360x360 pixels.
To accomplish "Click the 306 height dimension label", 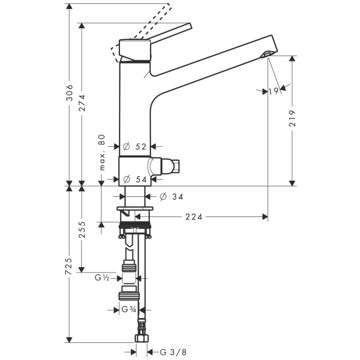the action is click(69, 92).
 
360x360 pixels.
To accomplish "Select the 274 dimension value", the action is click(82, 102).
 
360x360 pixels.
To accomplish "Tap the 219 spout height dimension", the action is click(292, 118).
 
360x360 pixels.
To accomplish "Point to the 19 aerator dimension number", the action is click(274, 91).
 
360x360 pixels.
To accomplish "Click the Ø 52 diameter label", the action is click(134, 147).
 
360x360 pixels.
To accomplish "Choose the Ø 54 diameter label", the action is click(135, 179).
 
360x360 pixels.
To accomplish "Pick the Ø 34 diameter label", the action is click(172, 197).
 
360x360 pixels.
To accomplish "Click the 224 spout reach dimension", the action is click(194, 217).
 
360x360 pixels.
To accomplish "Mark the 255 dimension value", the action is click(82, 229).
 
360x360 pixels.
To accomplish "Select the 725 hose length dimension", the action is click(69, 266).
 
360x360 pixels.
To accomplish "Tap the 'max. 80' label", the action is click(102, 153).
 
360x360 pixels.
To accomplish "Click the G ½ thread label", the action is click(102, 278).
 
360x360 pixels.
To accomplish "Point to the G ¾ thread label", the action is click(129, 309).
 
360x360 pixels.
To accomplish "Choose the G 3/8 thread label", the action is click(173, 352).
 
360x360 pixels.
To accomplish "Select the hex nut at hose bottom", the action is click(141, 338).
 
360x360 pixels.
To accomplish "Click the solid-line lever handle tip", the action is click(190, 26).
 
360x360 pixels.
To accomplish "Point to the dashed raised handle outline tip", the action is click(170, 6).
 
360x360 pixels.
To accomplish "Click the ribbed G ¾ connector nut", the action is click(129, 295).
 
